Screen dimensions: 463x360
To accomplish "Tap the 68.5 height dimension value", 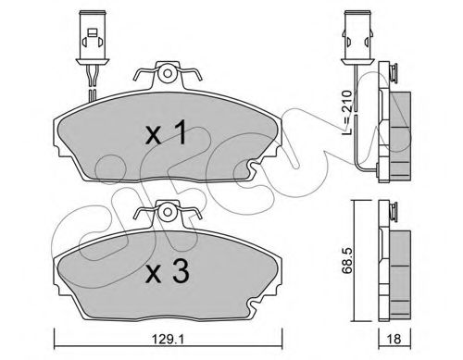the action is tap(347, 262).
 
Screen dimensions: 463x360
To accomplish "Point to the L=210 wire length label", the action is tap(347, 113).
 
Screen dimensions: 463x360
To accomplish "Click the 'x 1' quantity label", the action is tap(167, 133).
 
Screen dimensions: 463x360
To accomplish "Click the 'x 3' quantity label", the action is tap(167, 271).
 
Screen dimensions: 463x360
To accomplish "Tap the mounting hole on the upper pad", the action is tap(168, 73).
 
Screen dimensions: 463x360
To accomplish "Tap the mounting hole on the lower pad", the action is tap(168, 212).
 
